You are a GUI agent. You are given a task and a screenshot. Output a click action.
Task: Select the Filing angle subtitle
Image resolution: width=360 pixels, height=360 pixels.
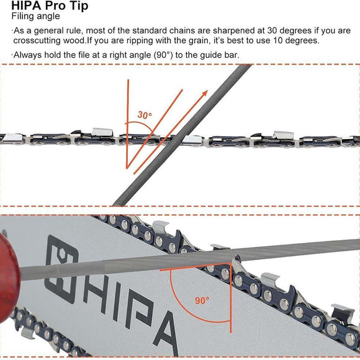click(36, 17)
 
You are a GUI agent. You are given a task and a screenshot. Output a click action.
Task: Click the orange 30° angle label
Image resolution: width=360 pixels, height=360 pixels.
click(145, 115)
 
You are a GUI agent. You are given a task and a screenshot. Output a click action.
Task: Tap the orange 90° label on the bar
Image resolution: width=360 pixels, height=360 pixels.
click(202, 300)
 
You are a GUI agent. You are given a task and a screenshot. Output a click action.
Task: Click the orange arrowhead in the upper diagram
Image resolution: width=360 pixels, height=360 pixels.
click(203, 93)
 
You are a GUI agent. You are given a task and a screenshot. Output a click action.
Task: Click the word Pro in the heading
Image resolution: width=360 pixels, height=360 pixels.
click(55, 6)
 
